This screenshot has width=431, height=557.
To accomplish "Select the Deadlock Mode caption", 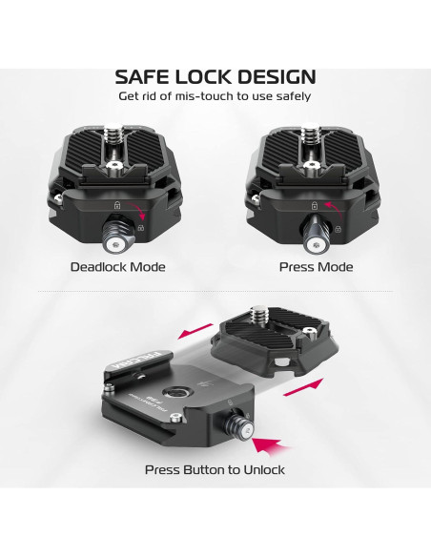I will click(117, 267).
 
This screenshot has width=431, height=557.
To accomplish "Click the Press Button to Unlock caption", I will click(215, 469).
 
